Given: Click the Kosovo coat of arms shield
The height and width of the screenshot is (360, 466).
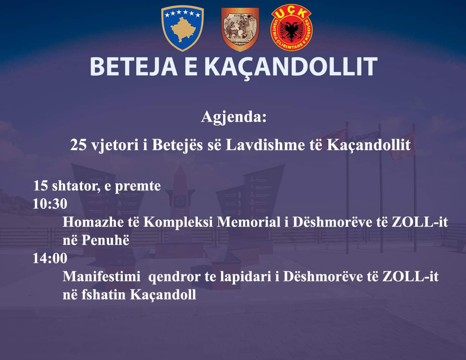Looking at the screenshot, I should [183, 29].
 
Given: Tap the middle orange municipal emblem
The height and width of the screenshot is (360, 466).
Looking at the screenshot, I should [240, 29].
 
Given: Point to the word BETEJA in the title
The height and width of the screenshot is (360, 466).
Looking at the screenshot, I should [134, 67].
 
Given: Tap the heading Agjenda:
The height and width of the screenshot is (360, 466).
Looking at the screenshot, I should [234, 117].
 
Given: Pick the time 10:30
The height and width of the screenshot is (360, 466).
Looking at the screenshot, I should [50, 204].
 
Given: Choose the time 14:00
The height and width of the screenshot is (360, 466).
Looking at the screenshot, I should [50, 258].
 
